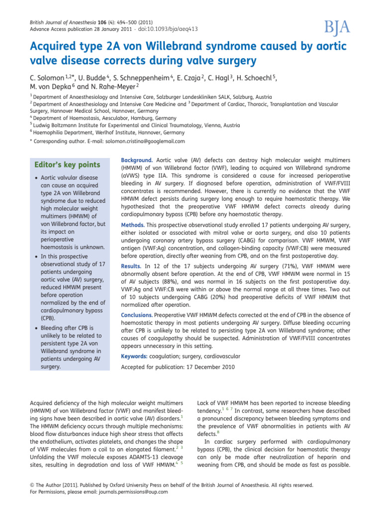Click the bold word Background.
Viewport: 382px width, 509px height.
pos(137,161)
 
